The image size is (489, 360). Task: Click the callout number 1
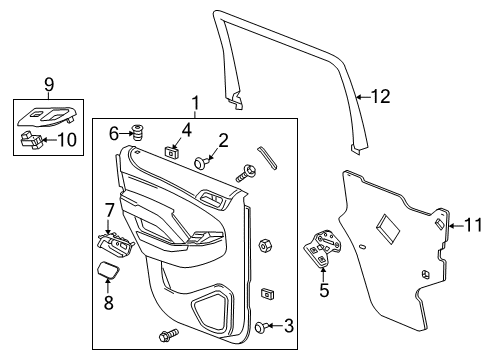(x=196, y=102)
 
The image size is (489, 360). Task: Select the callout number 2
(x=224, y=141)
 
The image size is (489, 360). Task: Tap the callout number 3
(x=288, y=325)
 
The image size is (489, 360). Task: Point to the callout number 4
(x=186, y=130)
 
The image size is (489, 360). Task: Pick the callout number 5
(x=323, y=291)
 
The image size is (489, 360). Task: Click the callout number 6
(x=114, y=132)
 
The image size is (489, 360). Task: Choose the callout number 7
(x=110, y=210)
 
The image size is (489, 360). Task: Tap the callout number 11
(x=473, y=226)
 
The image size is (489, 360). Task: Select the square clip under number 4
(x=174, y=152)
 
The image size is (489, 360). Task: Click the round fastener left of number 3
(x=260, y=326)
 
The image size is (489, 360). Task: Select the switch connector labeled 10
(x=34, y=140)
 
